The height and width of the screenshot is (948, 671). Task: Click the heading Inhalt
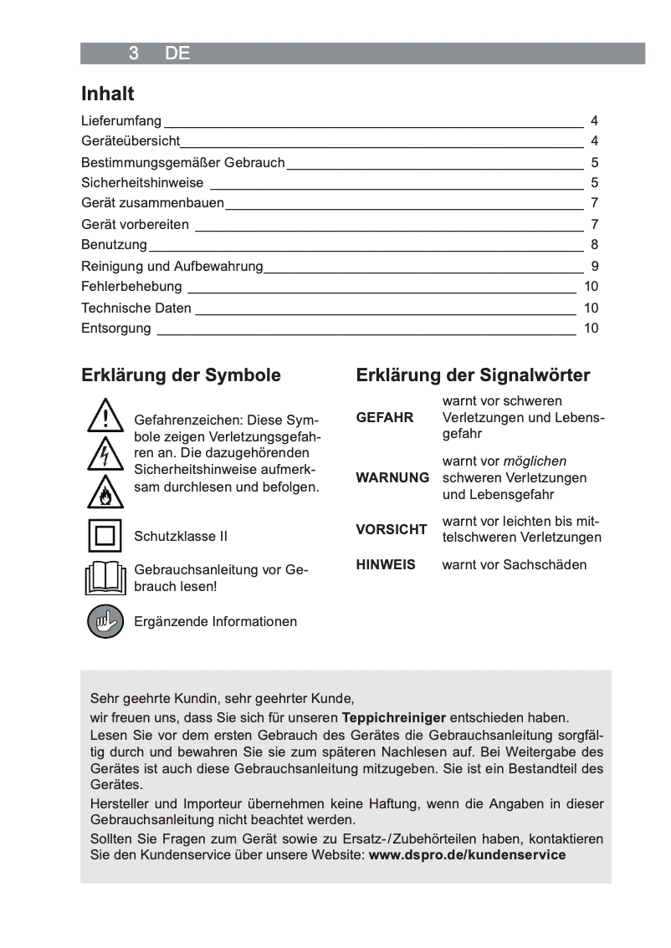[108, 94]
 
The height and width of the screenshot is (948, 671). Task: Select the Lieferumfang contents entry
[121, 121]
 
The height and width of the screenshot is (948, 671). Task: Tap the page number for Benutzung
[594, 245]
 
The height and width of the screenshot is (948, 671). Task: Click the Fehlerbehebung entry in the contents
[131, 287]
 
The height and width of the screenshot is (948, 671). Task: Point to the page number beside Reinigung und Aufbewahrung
[594, 267]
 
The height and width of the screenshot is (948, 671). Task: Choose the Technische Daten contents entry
[136, 308]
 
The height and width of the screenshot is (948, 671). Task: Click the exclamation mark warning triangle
[105, 416]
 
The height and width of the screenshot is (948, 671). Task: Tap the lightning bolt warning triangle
[105, 454]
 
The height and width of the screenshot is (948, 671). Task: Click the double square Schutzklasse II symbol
[105, 536]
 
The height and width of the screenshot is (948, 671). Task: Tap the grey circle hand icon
[105, 621]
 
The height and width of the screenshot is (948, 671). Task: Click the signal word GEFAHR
[385, 418]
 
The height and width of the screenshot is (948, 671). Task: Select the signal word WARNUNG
[392, 478]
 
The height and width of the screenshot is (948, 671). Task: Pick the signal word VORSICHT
[392, 529]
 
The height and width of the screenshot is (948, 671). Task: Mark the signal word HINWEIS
[386, 565]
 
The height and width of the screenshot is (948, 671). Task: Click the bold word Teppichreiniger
[394, 718]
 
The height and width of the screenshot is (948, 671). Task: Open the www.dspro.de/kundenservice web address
[467, 855]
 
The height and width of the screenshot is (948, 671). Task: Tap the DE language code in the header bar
[177, 54]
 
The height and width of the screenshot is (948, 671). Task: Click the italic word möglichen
[535, 461]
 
